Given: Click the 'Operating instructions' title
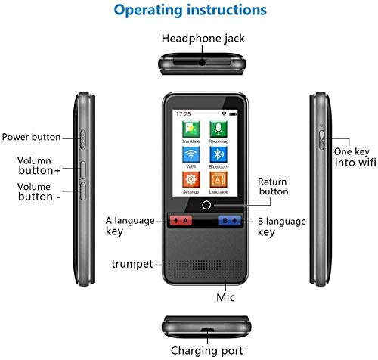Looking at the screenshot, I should point(188,11).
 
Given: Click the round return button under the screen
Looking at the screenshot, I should point(205,206).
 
